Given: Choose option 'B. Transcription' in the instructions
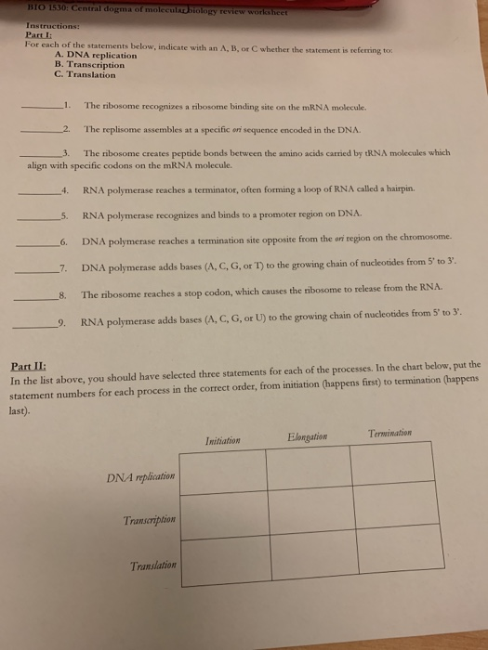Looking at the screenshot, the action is coord(89,65).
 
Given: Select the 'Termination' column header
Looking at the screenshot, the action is coord(394,434).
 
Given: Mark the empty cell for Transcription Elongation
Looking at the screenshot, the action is coord(309,514).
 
